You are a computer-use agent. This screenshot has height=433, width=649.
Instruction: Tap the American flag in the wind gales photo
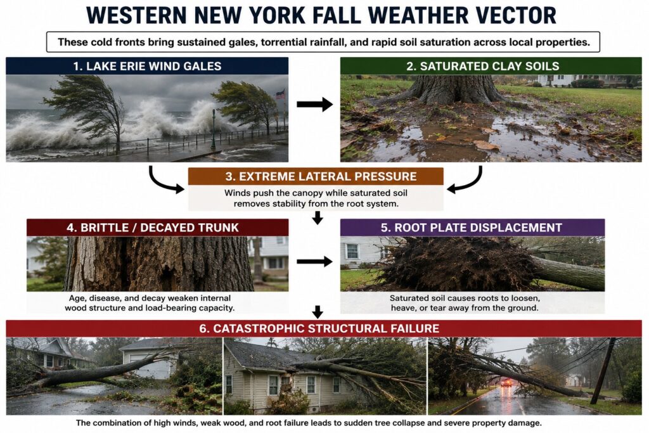pos(280,94)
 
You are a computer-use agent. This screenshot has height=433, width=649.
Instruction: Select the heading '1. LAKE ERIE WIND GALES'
pos(147,66)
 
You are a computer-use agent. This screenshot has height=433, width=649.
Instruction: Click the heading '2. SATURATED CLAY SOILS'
pos(482,66)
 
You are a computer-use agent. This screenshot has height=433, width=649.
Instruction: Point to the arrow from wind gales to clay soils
pos(314,105)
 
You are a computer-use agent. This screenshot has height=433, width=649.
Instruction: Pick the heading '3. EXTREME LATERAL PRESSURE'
pos(321,176)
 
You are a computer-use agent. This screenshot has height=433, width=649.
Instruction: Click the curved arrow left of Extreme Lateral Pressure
pos(165,180)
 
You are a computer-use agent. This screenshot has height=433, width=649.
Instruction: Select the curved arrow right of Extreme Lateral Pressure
pos(465,180)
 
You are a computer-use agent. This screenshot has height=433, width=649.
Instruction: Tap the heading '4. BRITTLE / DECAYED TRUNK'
pos(153,228)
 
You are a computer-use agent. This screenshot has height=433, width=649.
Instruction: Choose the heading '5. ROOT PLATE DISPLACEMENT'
pos(472,228)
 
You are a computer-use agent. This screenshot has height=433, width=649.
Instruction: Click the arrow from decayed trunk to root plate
pos(314,261)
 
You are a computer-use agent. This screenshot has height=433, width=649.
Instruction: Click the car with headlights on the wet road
pos(506,383)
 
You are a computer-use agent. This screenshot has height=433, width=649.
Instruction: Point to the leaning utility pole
pos(603,371)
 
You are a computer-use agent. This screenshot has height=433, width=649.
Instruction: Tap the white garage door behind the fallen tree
pos(151,366)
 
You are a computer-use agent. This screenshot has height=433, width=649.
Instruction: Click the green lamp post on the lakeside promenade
pos(213,129)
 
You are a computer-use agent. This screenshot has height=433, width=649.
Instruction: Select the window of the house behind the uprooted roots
pos(352,251)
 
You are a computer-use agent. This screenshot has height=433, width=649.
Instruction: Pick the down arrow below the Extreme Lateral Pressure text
pos(318,217)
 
